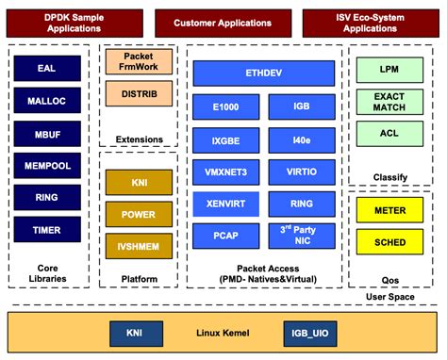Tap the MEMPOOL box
[46, 166]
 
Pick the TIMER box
[46, 229]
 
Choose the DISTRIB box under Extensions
[138, 94]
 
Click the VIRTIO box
[302, 172]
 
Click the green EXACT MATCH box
[389, 102]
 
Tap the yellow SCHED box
[389, 242]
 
